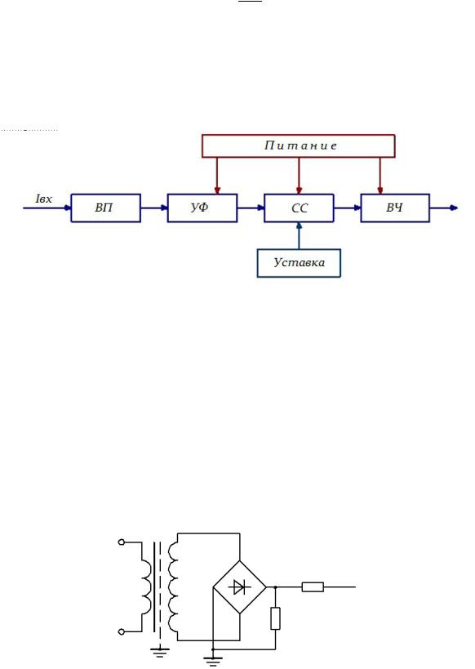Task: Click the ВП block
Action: [106, 208]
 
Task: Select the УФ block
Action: [202, 208]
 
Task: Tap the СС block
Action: [299, 208]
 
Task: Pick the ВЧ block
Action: [395, 208]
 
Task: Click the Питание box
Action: [299, 146]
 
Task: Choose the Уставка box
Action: [299, 263]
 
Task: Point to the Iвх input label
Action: [44, 198]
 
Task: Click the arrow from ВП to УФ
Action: [154, 208]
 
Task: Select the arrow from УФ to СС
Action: [251, 208]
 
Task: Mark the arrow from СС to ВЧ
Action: [348, 208]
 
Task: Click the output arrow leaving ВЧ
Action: [444, 208]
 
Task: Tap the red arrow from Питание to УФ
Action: [217, 176]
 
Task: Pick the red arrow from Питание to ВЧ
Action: [380, 176]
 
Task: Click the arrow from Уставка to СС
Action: [299, 236]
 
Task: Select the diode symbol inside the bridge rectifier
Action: [239, 587]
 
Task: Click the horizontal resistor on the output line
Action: [313, 587]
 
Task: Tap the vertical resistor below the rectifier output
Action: [275, 618]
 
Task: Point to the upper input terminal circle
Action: [122, 542]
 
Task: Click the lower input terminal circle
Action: [122, 631]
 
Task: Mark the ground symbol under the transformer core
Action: [160, 653]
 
